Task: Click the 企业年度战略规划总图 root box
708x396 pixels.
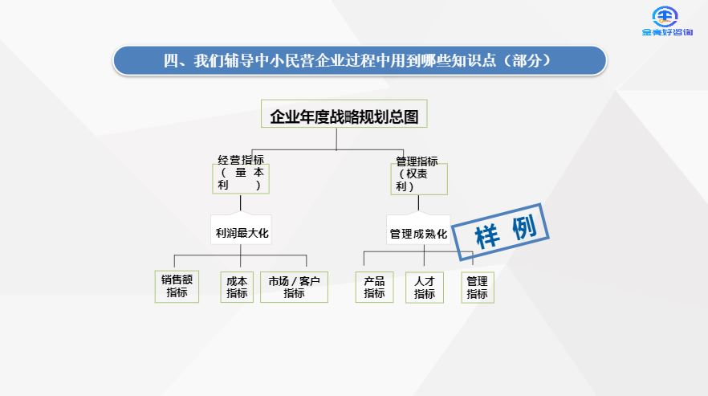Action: [x=344, y=116]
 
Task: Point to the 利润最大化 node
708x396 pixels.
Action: [x=242, y=234]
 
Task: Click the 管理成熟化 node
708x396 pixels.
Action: [x=417, y=234]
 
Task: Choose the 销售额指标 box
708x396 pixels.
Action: [x=177, y=287]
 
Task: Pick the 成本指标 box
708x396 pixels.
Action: [x=237, y=287]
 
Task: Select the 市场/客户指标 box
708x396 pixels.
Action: [x=294, y=287]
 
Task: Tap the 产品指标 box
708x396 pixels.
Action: [x=374, y=287]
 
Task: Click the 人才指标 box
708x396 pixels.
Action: [x=425, y=287]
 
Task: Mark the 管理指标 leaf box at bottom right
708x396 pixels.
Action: [x=477, y=287]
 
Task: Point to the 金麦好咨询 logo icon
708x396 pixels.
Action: [x=665, y=16]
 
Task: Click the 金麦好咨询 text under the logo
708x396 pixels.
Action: [x=668, y=33]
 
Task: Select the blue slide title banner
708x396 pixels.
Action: [x=359, y=60]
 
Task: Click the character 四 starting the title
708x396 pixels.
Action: [x=170, y=60]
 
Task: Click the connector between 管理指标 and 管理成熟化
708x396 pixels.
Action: [x=418, y=204]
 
